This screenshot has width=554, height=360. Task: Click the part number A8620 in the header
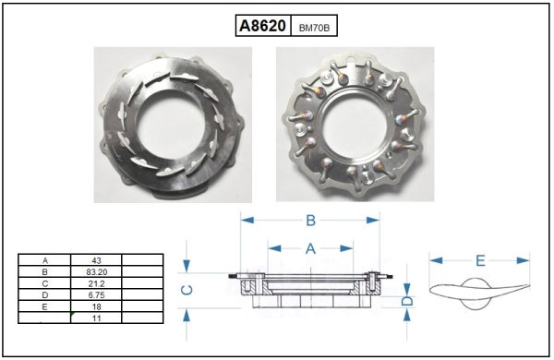[262, 26]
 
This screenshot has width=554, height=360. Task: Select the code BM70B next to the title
[314, 28]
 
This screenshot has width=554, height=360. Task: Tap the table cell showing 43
[96, 260]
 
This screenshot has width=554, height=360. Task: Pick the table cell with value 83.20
[96, 272]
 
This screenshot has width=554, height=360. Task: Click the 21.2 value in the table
[96, 283]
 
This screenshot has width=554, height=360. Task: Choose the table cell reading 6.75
[96, 295]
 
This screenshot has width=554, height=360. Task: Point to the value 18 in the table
[96, 306]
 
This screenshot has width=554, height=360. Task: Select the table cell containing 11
[96, 318]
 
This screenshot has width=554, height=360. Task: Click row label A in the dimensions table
[45, 260]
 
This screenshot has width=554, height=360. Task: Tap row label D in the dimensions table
[45, 295]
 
